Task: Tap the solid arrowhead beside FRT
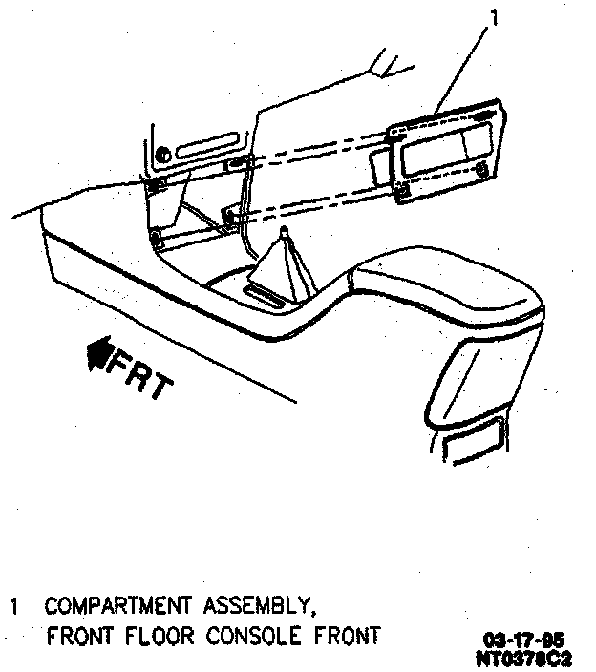[97, 356]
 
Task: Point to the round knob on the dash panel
[163, 153]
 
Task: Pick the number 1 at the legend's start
[14, 606]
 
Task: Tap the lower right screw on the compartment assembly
[484, 172]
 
